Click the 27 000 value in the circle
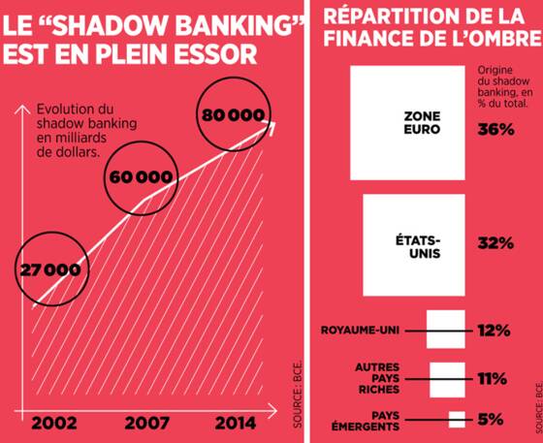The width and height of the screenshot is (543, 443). (50, 270)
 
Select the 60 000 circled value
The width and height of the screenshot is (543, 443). (141, 177)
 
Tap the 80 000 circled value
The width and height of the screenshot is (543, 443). (233, 115)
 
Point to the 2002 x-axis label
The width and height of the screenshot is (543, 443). (54, 423)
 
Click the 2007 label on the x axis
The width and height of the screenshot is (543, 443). (147, 423)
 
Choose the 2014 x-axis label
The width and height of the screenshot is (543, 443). (236, 423)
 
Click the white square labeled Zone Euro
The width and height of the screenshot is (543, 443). (407, 123)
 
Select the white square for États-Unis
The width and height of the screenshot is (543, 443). (414, 245)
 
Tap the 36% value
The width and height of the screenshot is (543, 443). (495, 130)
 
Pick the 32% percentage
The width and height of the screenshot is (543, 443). (495, 243)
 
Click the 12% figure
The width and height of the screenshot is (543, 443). (495, 331)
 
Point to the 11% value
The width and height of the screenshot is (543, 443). (493, 379)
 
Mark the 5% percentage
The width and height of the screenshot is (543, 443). (491, 420)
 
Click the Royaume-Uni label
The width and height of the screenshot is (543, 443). (360, 331)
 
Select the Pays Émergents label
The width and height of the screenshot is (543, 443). (366, 421)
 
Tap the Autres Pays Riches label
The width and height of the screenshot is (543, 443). (377, 378)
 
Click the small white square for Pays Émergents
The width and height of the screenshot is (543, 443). (457, 420)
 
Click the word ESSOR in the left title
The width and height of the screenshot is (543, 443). (215, 54)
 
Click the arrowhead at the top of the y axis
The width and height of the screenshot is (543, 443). (22, 110)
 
